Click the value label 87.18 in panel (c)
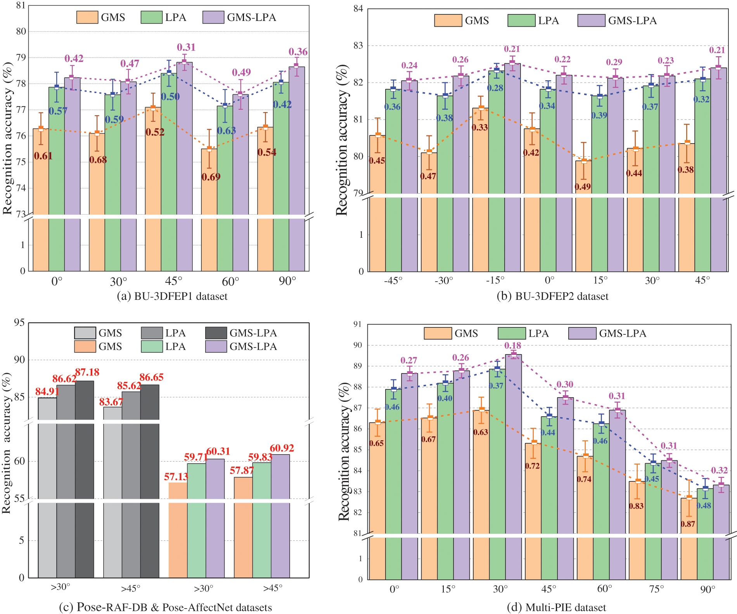[87, 372]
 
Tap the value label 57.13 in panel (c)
[176, 477]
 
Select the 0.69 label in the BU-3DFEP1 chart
[211, 177]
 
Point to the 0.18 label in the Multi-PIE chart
[513, 346]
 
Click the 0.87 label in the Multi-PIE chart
[688, 524]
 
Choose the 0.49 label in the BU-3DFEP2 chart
[583, 187]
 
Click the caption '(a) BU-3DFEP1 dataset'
[172, 296]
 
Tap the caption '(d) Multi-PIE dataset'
[556, 607]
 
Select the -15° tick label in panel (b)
[495, 280]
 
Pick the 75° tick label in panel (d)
[656, 589]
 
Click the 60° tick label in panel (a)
[231, 281]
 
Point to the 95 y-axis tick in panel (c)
[19, 323]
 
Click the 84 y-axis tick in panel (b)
[358, 9]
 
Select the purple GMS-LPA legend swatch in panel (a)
[213, 17]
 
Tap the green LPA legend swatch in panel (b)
[521, 21]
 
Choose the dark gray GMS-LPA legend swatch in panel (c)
[216, 333]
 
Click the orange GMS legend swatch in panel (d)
[438, 334]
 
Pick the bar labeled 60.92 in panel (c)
[280, 516]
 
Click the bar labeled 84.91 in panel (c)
[47, 485]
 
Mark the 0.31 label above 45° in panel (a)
[186, 47]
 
